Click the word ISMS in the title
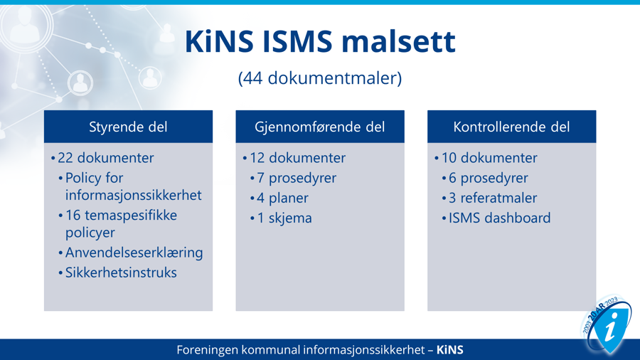point(297,41)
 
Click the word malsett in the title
point(398,41)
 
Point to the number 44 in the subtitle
point(253,78)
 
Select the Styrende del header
point(128,127)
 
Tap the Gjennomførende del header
point(320,127)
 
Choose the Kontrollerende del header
point(511,127)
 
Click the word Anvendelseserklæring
point(134,253)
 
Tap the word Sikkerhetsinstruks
point(121,272)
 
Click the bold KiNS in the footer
point(450,350)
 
